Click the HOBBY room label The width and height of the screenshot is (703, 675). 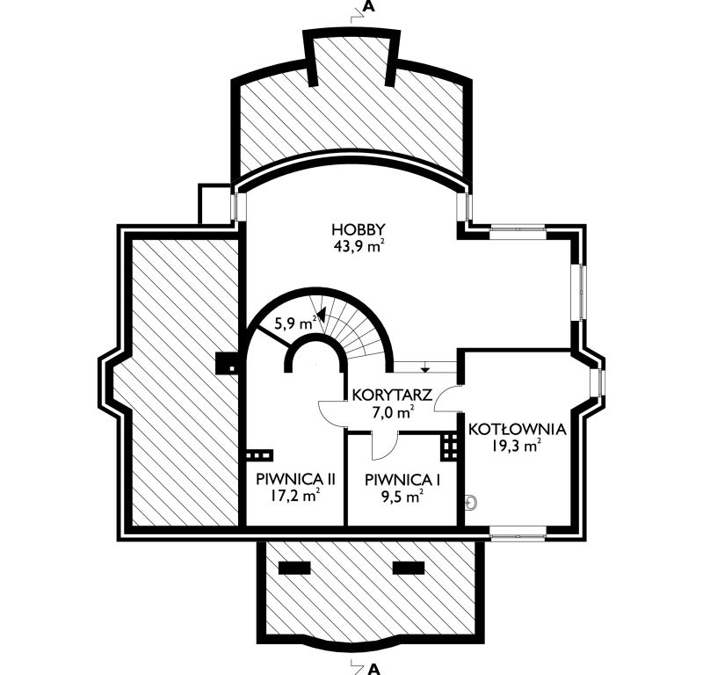pos(359,230)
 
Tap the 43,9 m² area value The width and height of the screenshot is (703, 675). pos(359,246)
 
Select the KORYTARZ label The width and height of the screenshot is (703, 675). pos(392,396)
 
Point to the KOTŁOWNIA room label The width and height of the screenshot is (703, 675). pos(518,429)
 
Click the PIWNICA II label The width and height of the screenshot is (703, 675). pos(295,479)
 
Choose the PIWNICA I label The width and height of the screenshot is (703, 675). pos(402,480)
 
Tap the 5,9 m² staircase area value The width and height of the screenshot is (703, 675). pos(296,323)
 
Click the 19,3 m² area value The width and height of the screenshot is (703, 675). pos(517,446)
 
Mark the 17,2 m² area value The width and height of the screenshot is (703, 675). pos(295,495)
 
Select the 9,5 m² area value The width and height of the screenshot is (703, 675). pos(402,496)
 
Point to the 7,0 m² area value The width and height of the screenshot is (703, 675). pos(392,411)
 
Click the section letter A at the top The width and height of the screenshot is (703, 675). pos(368,6)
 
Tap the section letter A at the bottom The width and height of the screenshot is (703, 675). pos(374,669)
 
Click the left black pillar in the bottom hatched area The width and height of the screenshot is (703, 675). pos(294,568)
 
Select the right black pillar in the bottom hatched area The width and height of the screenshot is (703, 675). pos(409,568)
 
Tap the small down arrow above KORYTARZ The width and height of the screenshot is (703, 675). pos(425,368)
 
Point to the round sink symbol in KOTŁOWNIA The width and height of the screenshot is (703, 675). pos(471,503)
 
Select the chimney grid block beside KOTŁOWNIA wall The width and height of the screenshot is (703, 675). pos(449,446)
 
